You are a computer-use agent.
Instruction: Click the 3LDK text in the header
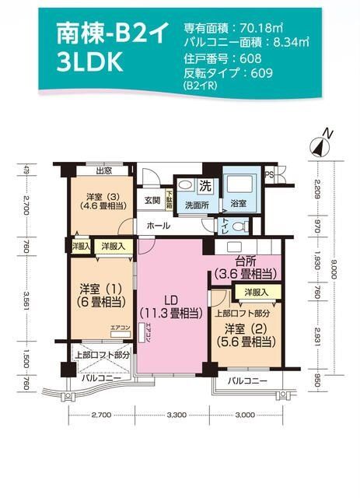click(x=89, y=63)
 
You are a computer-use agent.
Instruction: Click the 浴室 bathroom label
click(x=238, y=204)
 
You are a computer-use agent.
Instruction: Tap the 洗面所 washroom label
click(x=196, y=205)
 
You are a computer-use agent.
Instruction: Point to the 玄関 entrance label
click(x=152, y=200)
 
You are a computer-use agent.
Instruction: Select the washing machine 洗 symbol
click(x=206, y=186)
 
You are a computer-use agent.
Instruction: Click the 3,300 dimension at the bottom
click(x=177, y=415)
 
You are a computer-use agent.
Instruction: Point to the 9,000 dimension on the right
click(x=333, y=265)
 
